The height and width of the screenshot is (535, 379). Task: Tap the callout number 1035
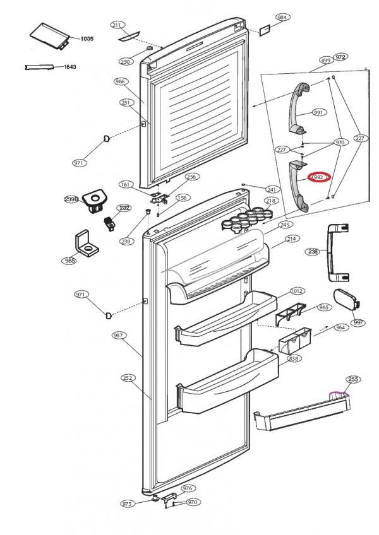(87, 39)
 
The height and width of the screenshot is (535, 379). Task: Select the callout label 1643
(70, 66)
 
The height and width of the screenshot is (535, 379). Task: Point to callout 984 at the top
(282, 17)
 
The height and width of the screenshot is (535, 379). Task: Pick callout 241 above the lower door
(272, 189)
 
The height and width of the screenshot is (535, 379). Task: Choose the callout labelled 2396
(71, 199)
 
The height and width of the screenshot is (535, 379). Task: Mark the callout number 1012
(297, 291)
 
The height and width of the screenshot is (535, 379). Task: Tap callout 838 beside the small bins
(293, 358)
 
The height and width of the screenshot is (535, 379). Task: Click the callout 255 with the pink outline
(352, 379)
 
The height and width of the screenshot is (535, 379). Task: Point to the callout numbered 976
(187, 488)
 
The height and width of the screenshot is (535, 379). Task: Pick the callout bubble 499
(325, 60)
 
